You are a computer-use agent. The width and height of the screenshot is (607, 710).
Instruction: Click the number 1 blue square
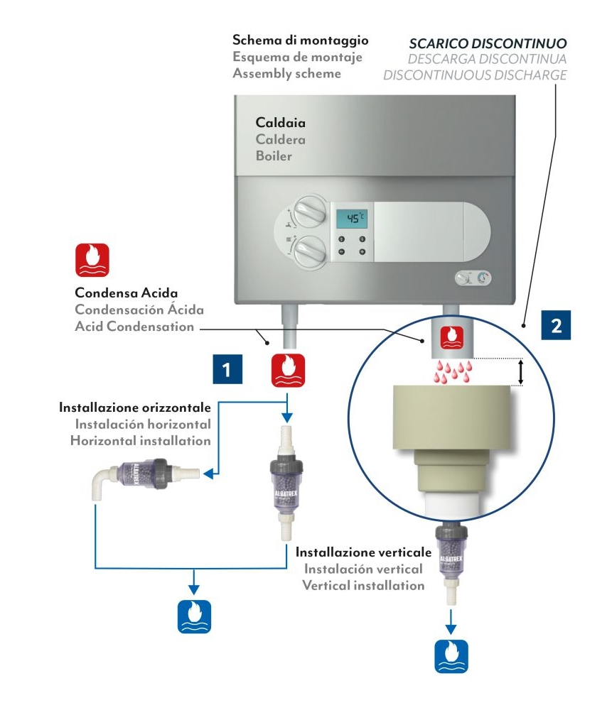(x=227, y=370)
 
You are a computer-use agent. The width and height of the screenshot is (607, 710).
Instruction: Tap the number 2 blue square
(x=556, y=325)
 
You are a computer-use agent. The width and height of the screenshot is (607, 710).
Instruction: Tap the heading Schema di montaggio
(x=300, y=40)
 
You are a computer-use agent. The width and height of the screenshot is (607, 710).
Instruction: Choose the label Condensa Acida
(x=126, y=293)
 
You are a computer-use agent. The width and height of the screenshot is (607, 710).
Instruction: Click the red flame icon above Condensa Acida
(x=92, y=261)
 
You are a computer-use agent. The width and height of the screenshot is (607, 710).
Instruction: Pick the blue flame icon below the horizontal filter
(x=194, y=616)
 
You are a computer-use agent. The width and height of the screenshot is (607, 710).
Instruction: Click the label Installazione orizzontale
(x=135, y=408)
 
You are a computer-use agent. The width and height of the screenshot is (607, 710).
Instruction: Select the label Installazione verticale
(x=363, y=552)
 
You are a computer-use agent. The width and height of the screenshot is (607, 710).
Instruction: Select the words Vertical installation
(x=363, y=586)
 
